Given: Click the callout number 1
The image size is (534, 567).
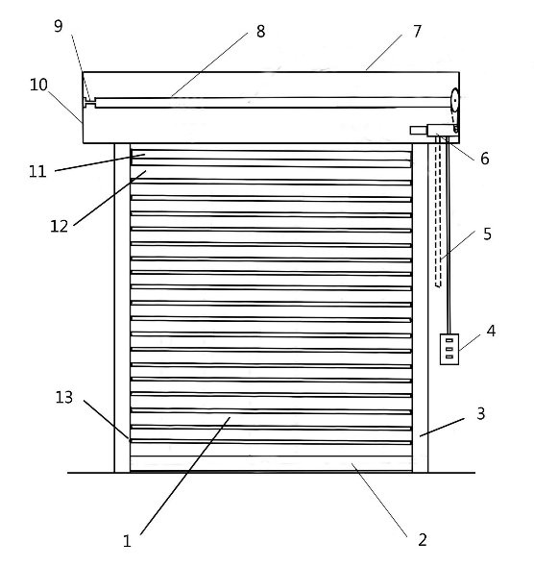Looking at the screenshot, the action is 127,541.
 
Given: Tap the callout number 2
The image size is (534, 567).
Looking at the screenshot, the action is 423,540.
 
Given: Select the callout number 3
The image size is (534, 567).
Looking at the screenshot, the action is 480,413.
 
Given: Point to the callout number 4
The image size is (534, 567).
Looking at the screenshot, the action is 491,331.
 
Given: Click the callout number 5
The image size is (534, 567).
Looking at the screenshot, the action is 487,234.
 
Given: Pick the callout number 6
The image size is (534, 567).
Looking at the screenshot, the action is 485,159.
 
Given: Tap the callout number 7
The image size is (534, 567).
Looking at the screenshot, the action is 417,32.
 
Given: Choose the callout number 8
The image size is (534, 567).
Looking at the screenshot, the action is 261,32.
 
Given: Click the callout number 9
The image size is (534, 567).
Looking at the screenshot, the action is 59,26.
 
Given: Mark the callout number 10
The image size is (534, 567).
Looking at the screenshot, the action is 38,85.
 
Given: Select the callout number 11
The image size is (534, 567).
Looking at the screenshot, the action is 37,171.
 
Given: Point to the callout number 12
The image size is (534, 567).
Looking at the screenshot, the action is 60,227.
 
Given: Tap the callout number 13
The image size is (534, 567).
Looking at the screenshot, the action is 64,398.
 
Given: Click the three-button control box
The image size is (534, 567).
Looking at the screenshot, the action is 449,349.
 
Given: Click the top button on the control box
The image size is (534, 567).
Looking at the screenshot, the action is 449,340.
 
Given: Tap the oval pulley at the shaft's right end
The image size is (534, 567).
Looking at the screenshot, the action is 454,100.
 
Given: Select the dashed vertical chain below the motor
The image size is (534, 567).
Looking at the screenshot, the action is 438,212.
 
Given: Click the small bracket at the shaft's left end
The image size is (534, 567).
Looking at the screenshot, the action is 89,102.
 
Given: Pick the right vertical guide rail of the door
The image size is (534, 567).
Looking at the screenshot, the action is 421,308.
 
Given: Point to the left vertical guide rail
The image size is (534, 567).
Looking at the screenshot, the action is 123,308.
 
